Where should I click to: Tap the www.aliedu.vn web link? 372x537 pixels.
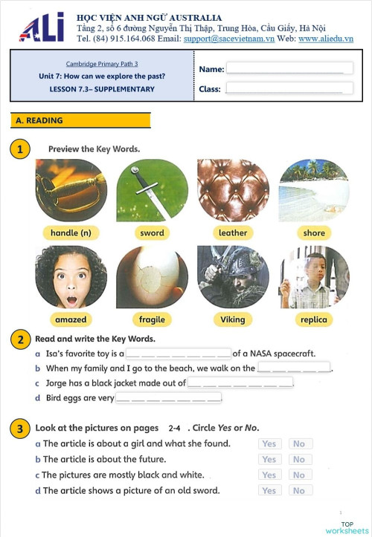pos(325,39)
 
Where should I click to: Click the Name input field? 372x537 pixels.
pos(289,69)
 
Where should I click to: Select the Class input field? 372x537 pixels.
pos(289,88)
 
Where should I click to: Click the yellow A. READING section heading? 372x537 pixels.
pos(80,120)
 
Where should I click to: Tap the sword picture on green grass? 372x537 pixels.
pos(152,190)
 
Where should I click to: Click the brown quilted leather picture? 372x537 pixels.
pos(233,190)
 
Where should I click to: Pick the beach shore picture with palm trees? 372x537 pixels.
pos(313,190)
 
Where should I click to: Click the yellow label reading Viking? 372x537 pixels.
pos(233,319)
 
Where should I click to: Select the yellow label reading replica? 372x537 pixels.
pos(313,319)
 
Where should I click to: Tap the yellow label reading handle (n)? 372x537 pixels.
pos(71,232)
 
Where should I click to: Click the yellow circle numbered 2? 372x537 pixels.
pos(19,339)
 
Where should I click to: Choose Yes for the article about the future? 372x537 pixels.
pos(269,459)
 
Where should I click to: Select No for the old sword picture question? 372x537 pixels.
pos(299,490)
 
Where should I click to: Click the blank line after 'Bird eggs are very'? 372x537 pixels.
pos(169,398)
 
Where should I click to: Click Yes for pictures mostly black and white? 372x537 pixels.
pos(269,475)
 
